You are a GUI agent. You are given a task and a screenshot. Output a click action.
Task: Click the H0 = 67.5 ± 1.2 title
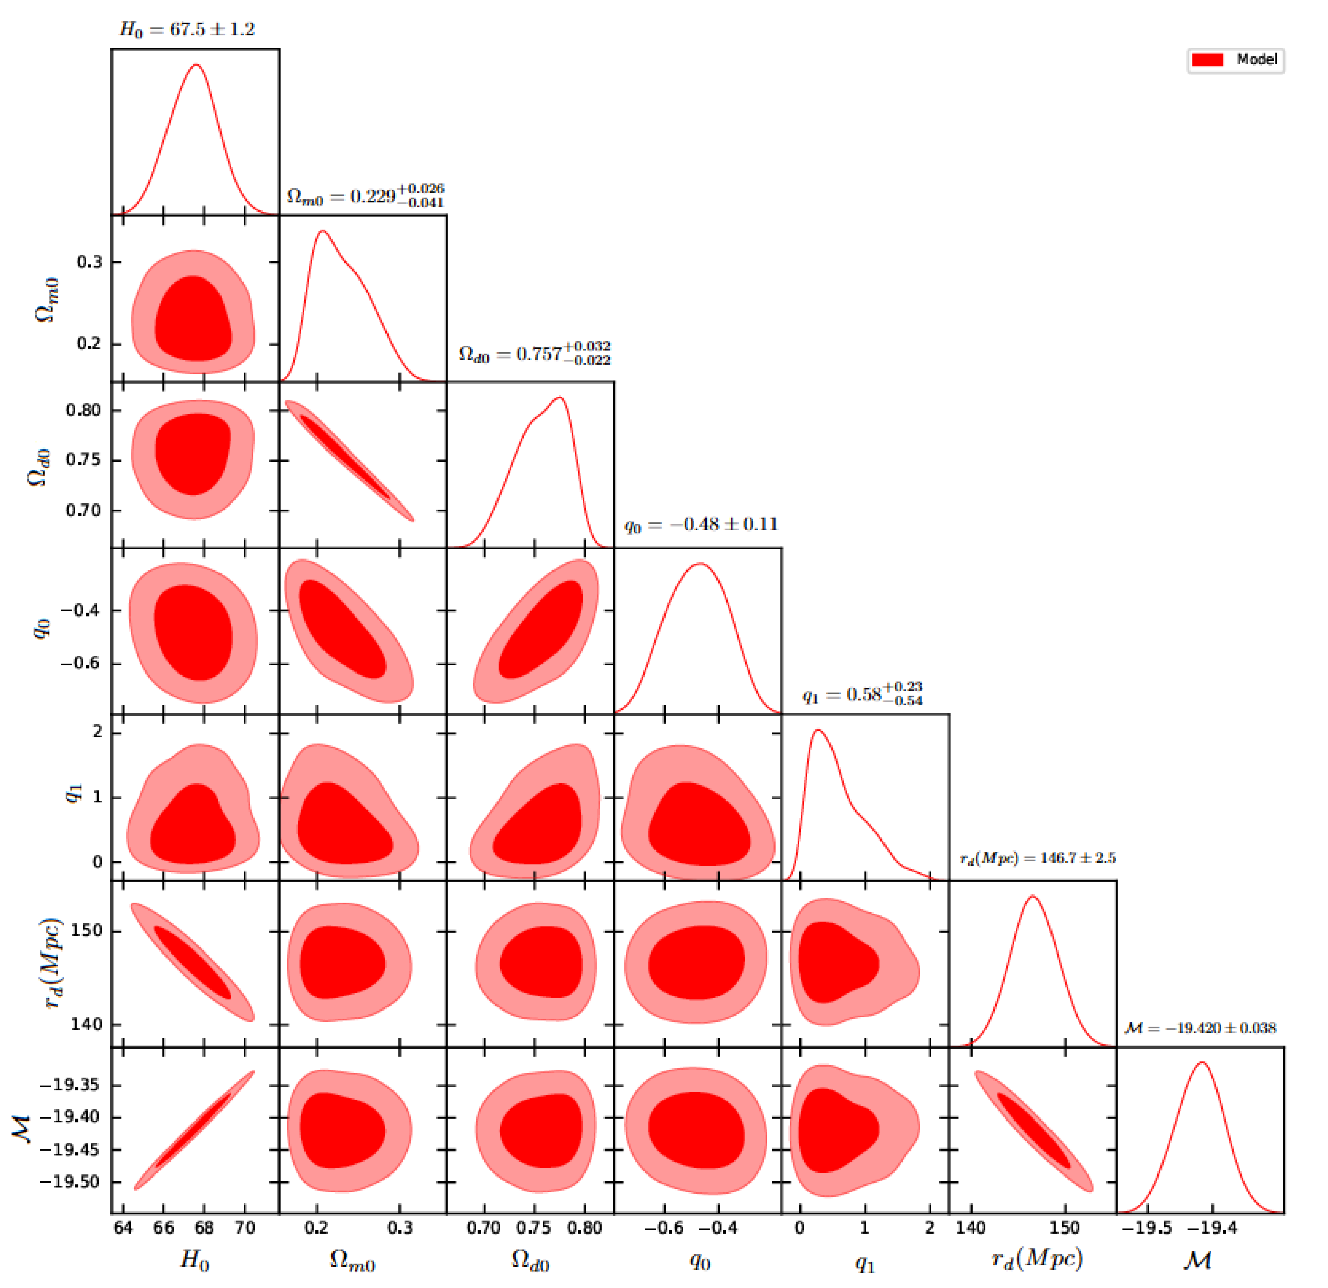point(187,29)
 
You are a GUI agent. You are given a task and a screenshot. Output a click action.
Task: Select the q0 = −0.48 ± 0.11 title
point(701,524)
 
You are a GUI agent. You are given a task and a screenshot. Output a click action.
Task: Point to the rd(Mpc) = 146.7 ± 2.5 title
point(1037,858)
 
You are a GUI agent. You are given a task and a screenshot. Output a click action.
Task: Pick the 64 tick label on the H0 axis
point(123,1227)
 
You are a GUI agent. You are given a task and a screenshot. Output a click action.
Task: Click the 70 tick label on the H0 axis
point(245,1227)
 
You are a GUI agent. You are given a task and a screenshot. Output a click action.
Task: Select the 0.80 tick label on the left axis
point(83,410)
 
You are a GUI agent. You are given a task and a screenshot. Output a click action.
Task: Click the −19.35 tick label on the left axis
point(69,1085)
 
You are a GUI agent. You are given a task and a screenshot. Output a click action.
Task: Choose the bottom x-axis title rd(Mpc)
point(1037,1258)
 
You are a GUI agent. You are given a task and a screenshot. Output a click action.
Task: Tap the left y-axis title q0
point(42,628)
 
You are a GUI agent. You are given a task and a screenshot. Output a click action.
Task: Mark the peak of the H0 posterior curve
point(196,65)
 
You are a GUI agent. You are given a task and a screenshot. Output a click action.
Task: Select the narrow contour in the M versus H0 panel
point(194,1130)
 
